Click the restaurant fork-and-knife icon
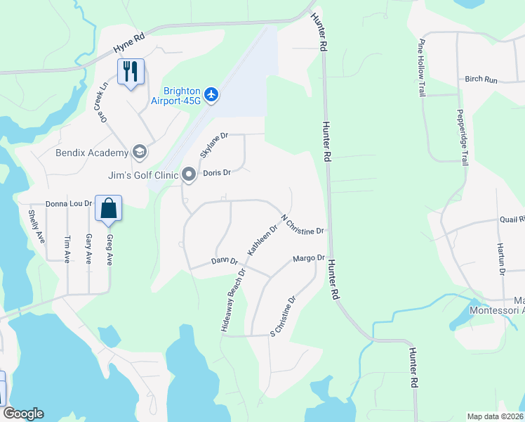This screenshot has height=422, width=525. pos(131,71)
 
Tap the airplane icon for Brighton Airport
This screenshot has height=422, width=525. pos(213,94)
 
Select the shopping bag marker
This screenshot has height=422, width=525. pos(108,208)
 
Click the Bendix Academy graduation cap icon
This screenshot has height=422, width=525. pos(139,152)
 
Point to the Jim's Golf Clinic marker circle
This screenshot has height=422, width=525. pos(188,173)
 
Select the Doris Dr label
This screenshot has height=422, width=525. pos(217,173)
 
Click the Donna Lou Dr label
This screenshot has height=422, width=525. pos(69,203)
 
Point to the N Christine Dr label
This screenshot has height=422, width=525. pos(302,225)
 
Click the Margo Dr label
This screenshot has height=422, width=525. pos(309,259)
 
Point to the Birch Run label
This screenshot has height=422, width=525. pos(481,79)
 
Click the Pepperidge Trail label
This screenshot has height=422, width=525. pos(461,136)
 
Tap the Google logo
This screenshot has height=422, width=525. pos(23,414)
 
